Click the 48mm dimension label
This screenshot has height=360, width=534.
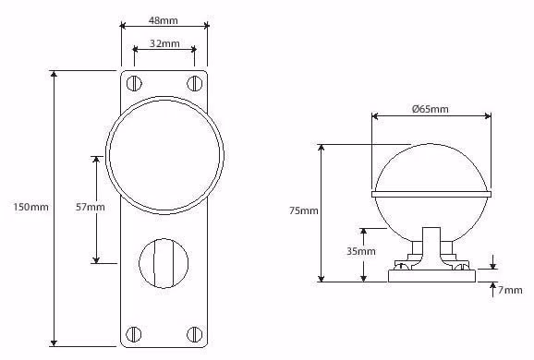point(164,20)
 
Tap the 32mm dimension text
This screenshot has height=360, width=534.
point(164,43)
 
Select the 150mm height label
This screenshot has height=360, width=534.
point(30,207)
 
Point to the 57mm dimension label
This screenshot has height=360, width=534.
point(90,207)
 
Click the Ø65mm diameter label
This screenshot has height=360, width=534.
point(430,109)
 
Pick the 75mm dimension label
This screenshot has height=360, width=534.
point(304,210)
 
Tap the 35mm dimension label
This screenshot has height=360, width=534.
point(361,251)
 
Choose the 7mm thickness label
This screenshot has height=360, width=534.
point(510,290)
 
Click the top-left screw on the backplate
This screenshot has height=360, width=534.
point(134,83)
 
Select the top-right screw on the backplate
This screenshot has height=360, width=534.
point(195,83)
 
